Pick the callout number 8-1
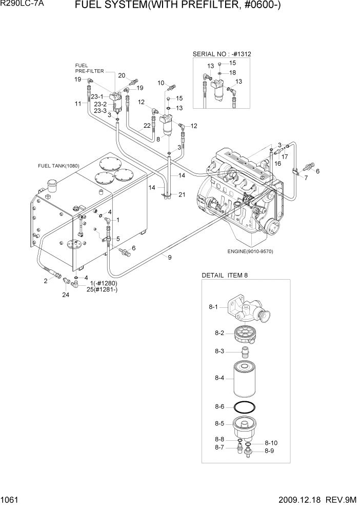click(214, 307)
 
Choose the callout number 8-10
click(271, 443)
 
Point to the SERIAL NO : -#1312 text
click(225, 54)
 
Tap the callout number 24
click(65, 295)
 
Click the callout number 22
click(147, 125)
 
